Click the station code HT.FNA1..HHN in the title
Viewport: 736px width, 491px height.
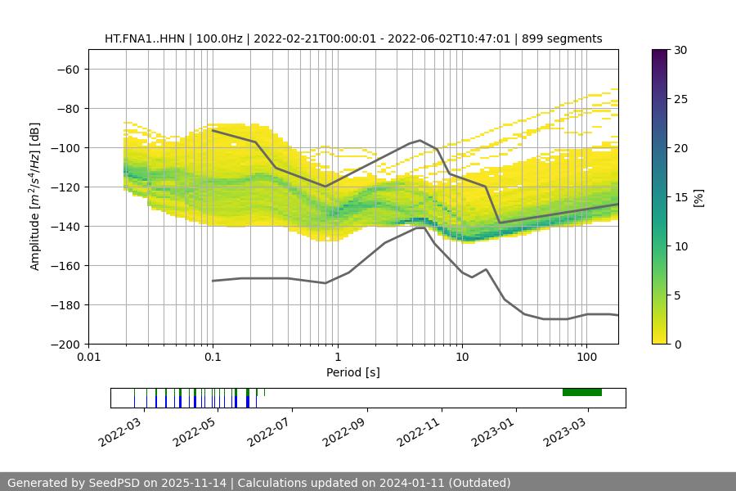(x=145, y=38)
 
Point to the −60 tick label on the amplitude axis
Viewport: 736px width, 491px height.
(x=67, y=69)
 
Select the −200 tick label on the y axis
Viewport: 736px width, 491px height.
(x=64, y=344)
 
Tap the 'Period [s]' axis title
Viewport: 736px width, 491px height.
(x=353, y=372)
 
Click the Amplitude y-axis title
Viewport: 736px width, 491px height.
(x=35, y=196)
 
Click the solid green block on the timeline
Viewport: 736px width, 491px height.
(x=582, y=392)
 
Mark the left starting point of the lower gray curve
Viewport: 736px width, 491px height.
(x=213, y=281)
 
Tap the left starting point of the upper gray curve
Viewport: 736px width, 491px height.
(x=213, y=130)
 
